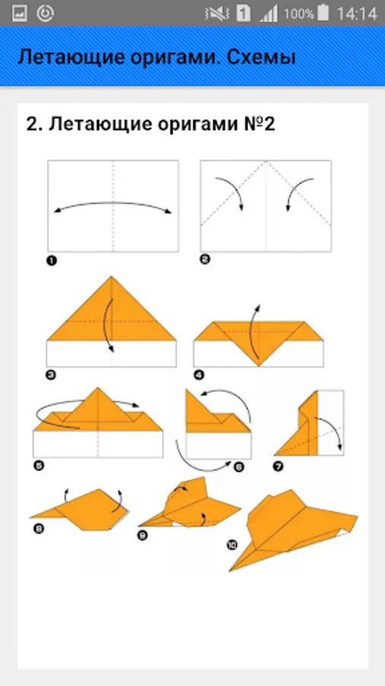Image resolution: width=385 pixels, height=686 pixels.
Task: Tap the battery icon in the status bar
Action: point(323,14)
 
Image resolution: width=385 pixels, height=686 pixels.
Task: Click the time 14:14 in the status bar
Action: point(357,14)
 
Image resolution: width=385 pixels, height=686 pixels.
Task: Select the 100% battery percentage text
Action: point(298,14)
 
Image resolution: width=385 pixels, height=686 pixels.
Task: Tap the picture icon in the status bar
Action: point(20,14)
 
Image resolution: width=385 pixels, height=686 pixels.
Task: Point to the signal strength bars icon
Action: point(269,14)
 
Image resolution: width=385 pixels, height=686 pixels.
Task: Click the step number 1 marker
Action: point(52,261)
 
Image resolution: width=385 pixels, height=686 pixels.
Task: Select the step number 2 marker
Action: point(205,259)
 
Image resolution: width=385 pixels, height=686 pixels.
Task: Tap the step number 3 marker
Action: point(51,375)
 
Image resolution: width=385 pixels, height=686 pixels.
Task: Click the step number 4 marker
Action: point(199,375)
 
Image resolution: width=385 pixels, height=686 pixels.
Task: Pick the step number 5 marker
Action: point(39,466)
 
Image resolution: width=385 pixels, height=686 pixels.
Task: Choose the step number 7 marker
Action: point(278,466)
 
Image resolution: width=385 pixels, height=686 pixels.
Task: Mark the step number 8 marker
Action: point(38,529)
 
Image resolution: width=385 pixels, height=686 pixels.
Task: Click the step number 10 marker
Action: point(232,545)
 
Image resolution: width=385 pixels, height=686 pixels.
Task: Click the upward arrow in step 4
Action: point(252,332)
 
